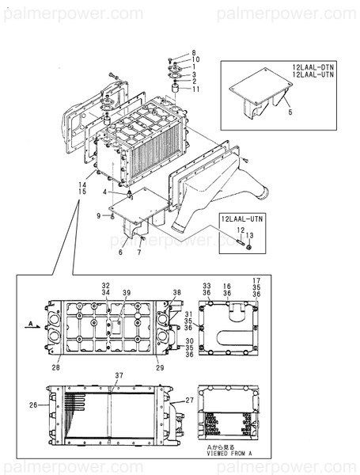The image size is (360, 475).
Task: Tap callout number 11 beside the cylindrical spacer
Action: (x=195, y=89)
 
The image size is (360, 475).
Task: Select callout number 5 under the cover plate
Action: (x=289, y=114)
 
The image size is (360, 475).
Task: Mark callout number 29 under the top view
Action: (x=159, y=368)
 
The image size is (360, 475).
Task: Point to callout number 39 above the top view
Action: (x=126, y=293)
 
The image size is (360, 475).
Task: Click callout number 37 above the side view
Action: (x=119, y=374)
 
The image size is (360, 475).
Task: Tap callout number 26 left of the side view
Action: (x=32, y=405)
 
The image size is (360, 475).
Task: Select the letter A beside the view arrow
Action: (x=28, y=323)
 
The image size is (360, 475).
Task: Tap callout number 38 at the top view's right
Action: (x=177, y=293)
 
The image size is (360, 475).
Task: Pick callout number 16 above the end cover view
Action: (x=226, y=285)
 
